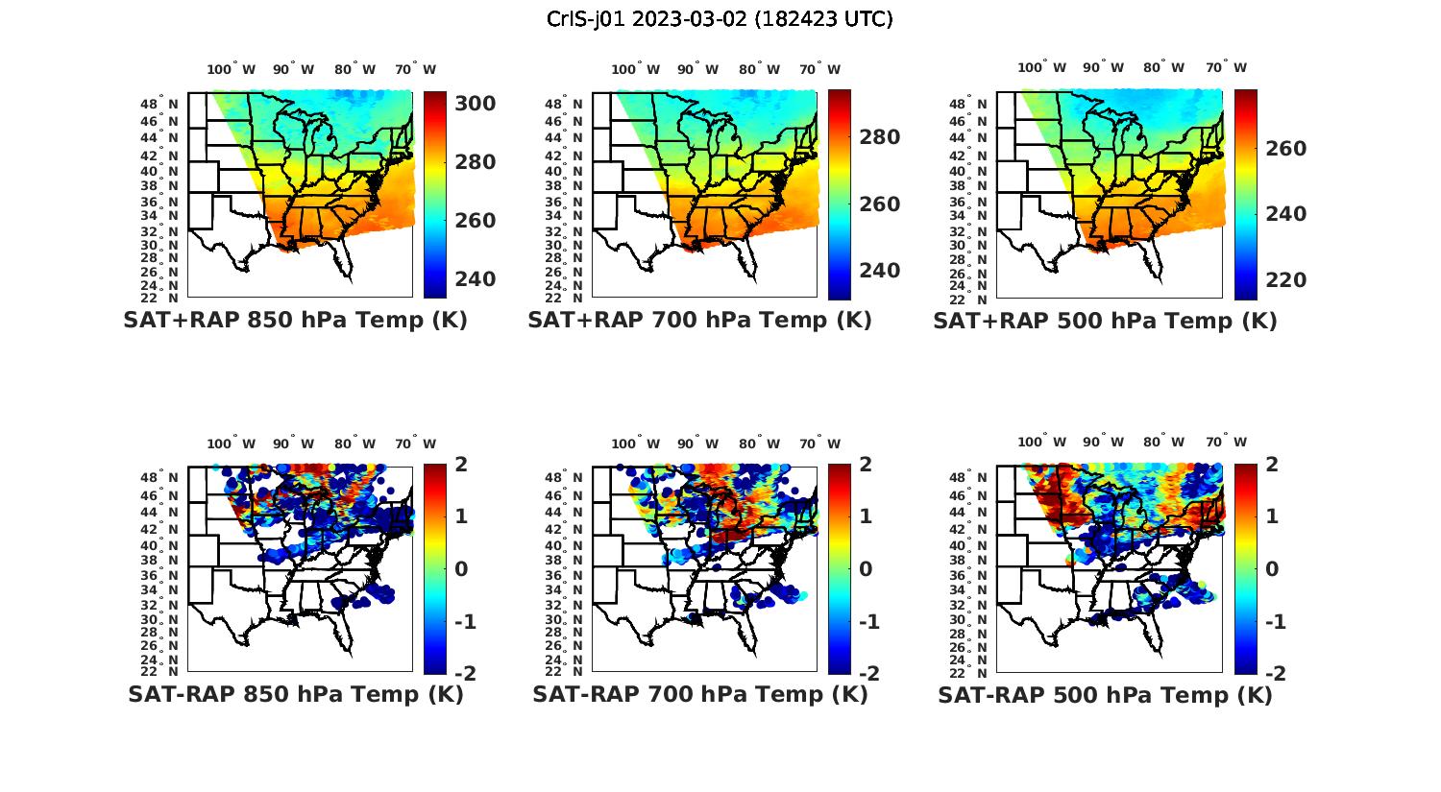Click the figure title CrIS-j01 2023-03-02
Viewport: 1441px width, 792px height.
720,19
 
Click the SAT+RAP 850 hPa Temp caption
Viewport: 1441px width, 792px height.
295,321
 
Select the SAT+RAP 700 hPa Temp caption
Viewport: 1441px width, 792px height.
699,321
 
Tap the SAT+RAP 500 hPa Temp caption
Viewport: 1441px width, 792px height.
1105,322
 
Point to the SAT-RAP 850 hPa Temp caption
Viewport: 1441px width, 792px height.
295,694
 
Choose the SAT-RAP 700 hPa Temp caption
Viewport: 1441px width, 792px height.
699,694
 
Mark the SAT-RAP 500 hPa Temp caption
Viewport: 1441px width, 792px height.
1105,695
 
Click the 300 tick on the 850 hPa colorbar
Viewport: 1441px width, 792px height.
475,104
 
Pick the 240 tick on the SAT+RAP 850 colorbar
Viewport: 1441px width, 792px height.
475,279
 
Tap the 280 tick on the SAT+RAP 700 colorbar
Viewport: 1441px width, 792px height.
879,137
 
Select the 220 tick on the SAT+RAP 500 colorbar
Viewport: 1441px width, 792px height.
1285,280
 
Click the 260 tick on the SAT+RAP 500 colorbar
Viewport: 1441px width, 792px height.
1285,149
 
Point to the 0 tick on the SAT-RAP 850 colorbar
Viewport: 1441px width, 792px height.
461,569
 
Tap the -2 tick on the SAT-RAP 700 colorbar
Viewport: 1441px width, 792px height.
867,674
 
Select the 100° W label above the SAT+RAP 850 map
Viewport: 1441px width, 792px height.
231,69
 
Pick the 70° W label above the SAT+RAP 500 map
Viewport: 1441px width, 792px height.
1226,67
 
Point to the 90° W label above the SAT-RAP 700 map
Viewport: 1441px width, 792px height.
697,444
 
